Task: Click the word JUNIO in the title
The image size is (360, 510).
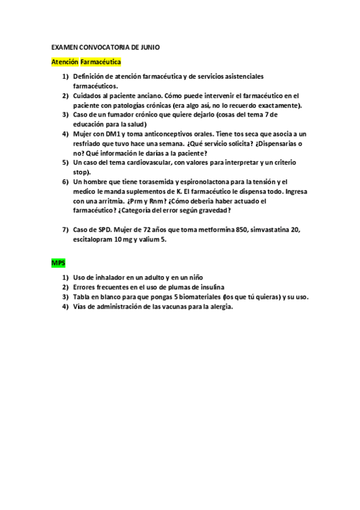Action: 148,47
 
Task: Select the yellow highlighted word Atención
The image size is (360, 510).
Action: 65,62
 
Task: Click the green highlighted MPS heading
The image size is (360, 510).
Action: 58,263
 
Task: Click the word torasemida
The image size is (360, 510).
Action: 156,182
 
